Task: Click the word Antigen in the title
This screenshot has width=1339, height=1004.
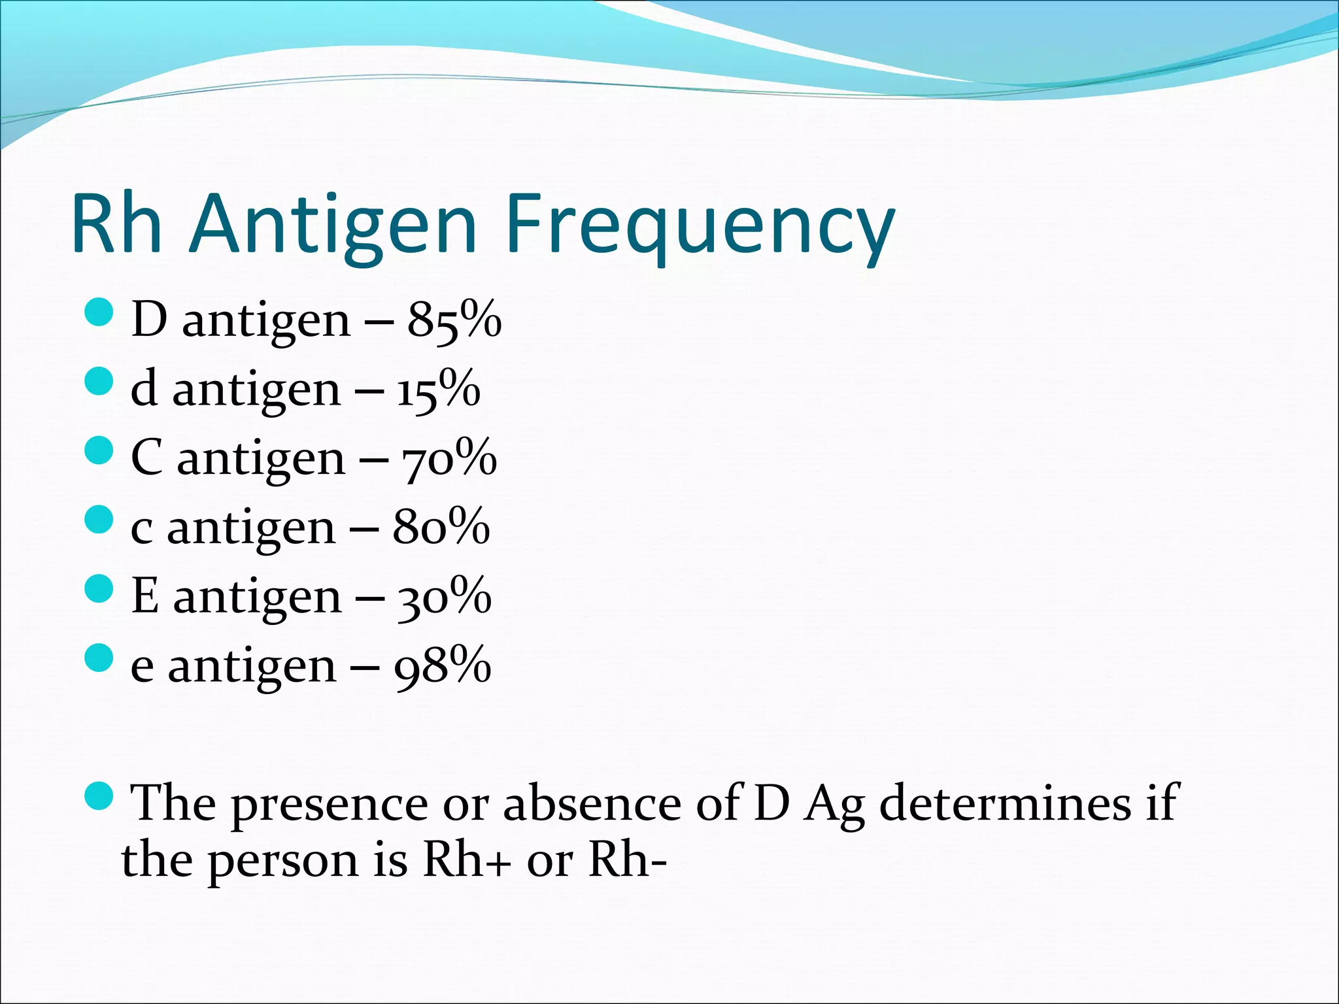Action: click(333, 226)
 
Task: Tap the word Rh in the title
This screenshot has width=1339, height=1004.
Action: click(116, 226)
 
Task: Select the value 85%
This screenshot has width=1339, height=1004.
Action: click(454, 320)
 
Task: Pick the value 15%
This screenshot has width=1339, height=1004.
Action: click(438, 390)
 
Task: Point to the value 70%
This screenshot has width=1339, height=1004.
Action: click(449, 459)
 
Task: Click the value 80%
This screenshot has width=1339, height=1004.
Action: click(441, 527)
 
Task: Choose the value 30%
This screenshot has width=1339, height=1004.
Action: click(444, 597)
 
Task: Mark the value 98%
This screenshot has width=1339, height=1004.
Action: click(443, 666)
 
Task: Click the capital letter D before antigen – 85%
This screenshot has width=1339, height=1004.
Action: click(149, 320)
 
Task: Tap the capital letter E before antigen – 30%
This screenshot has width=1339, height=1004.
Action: click(145, 596)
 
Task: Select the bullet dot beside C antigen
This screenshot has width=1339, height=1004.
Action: click(99, 450)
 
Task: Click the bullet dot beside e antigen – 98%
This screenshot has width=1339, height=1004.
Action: click(99, 658)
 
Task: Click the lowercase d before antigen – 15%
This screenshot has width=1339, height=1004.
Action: click(144, 389)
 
